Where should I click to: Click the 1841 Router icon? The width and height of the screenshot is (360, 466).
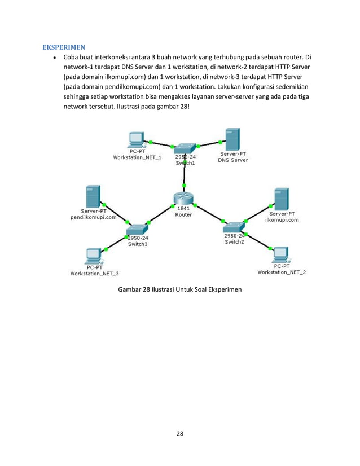click(183, 199)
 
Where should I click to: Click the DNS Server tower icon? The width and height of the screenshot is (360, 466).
click(232, 138)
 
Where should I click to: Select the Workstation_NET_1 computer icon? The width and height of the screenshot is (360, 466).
click(135, 139)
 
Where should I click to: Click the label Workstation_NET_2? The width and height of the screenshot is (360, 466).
click(282, 272)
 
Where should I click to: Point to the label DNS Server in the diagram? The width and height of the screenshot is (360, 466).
click(233, 160)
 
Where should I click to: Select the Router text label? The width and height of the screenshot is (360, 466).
click(183, 214)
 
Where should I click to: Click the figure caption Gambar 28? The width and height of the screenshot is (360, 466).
click(179, 289)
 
